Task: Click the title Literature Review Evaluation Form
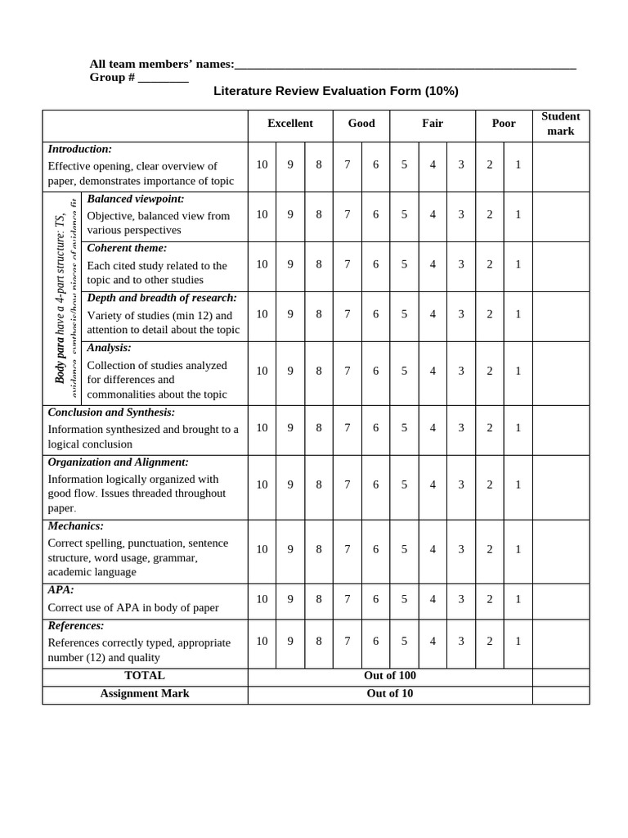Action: (335, 91)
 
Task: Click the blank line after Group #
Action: (163, 79)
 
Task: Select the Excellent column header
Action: (289, 124)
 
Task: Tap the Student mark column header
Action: (560, 124)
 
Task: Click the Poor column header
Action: (504, 124)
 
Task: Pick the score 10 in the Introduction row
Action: (262, 164)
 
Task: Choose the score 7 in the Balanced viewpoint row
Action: (348, 214)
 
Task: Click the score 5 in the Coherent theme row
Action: (404, 264)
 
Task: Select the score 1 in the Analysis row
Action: (518, 371)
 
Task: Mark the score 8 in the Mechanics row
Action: (319, 549)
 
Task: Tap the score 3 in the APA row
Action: (461, 599)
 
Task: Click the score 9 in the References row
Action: (290, 642)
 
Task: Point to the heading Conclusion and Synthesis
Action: (111, 412)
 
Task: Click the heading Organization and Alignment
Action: (118, 462)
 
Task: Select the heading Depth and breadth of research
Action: (162, 298)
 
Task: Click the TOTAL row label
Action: (145, 676)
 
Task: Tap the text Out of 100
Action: (390, 676)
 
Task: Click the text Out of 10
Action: (390, 694)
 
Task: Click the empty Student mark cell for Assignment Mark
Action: (560, 694)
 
